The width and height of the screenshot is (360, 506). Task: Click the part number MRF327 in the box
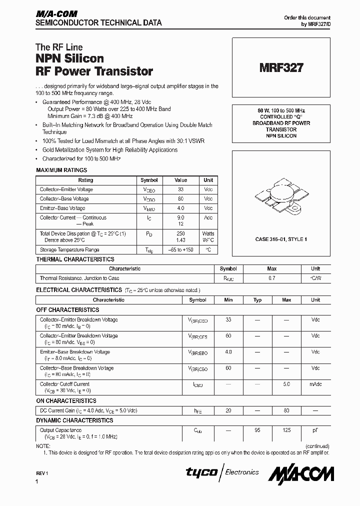tap(281, 68)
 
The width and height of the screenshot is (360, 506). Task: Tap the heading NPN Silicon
tap(69, 58)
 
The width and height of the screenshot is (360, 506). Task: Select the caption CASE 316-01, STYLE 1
tap(281, 239)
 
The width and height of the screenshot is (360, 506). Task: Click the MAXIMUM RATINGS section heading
tap(61, 170)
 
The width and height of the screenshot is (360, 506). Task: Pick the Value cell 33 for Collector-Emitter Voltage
tap(180, 189)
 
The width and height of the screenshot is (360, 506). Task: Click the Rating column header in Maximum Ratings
tap(85, 180)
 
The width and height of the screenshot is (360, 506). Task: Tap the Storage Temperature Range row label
tap(69, 249)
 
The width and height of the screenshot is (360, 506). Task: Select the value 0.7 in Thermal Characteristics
tap(271, 278)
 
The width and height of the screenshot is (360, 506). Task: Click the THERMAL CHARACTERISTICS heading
tap(75, 259)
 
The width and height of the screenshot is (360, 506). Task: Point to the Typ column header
tap(257, 300)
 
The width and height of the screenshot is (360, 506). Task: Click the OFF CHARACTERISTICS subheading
tap(67, 310)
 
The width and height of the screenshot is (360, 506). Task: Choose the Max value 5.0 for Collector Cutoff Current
tap(286, 384)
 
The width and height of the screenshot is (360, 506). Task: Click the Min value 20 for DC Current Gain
tap(228, 410)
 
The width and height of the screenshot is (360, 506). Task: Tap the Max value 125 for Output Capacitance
tap(286, 430)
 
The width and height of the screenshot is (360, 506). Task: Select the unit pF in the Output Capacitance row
tap(315, 430)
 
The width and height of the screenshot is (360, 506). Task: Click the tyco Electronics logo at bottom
tap(222, 472)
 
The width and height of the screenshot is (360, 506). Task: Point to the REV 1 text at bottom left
tap(41, 473)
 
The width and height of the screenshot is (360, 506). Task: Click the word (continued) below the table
tap(317, 446)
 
